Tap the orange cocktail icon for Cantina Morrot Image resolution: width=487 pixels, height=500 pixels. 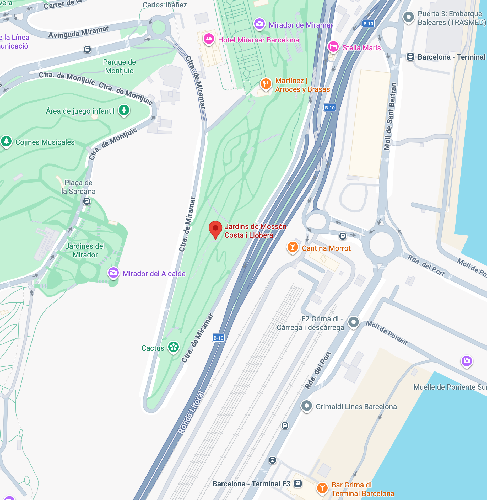click(293, 247)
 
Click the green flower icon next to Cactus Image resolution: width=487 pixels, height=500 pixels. click(173, 347)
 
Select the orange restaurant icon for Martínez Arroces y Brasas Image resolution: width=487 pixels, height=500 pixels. click(266, 84)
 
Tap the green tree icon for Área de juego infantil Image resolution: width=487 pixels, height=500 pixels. click(124, 110)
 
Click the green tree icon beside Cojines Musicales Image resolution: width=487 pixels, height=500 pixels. click(6, 141)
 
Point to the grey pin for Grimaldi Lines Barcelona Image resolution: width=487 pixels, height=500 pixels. click(306, 406)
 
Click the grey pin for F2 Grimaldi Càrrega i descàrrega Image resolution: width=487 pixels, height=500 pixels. click(353, 322)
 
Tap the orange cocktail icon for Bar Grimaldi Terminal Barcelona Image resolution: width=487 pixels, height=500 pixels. click(322, 488)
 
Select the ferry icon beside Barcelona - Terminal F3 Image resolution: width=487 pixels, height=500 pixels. click(297, 483)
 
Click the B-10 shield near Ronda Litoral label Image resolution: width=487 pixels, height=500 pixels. click(218, 338)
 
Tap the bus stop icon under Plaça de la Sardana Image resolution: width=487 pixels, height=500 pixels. click(87, 201)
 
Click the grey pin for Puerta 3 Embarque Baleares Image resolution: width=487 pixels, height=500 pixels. click(408, 17)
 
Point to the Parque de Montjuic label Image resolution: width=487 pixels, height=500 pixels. click(119, 66)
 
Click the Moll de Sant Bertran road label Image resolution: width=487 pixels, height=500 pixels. click(390, 116)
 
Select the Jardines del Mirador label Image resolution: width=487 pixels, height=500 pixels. click(85, 250)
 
